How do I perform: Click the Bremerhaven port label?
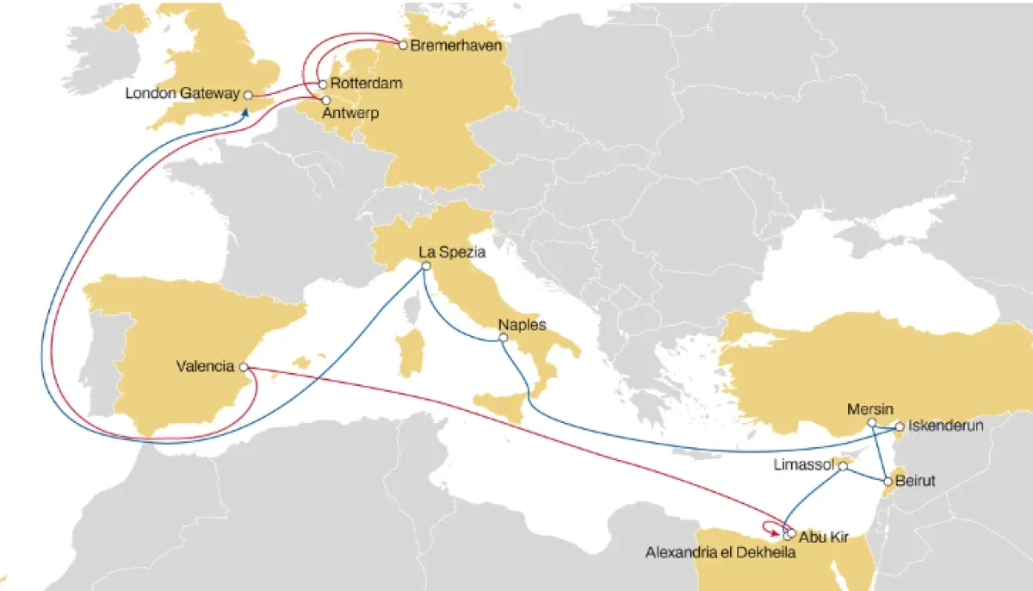[456, 44]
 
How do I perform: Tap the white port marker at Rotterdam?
[323, 84]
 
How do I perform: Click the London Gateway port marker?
[247, 95]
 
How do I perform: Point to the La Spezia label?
[452, 252]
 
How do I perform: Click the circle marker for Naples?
[503, 339]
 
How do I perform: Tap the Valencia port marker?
[244, 367]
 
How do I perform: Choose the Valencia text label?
[205, 367]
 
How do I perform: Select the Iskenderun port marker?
[899, 426]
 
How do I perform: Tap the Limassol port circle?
[844, 465]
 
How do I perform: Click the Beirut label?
[915, 480]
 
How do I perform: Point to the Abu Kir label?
[825, 538]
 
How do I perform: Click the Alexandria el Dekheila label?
[720, 553]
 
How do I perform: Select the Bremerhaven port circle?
[403, 44]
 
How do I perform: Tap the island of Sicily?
[499, 403]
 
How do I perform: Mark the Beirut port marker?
[887, 480]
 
